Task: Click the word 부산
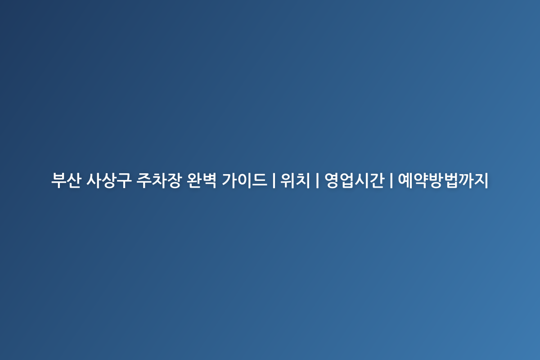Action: pos(66,180)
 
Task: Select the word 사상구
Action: pos(109,180)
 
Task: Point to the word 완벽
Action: pos(202,180)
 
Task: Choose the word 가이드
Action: pos(244,180)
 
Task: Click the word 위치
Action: pos(295,180)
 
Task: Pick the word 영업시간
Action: pos(354,180)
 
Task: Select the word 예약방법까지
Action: pos(443,180)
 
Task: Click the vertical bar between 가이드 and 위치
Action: pos(274,180)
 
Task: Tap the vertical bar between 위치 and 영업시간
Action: pos(317,180)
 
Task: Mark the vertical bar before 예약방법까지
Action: pos(391,180)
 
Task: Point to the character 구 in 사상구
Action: pos(124,180)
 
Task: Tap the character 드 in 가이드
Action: pos(260,180)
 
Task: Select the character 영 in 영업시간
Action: pos(332,180)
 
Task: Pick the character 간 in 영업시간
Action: pos(377,180)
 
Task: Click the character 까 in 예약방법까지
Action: pos(466,180)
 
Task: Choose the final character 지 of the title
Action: pos(481,180)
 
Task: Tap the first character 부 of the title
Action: pos(58,180)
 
